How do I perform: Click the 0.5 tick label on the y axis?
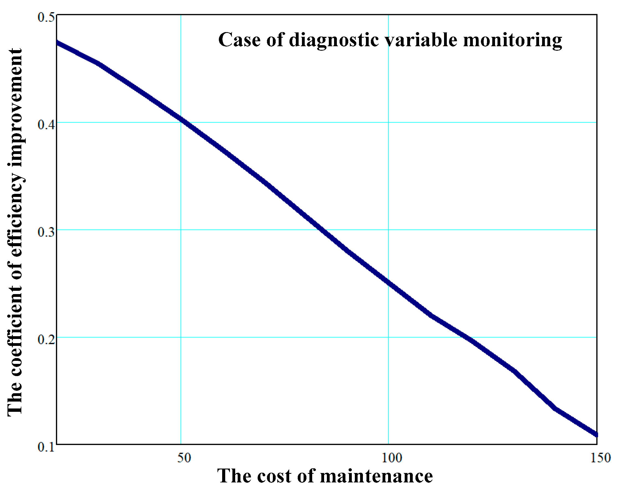pos(46,17)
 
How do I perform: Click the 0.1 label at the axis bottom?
pos(46,448)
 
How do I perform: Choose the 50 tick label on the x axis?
pos(184,458)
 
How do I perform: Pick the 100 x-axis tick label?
pos(392,458)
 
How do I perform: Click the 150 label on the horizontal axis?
pos(601,458)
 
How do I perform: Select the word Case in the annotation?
pos(239,40)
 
